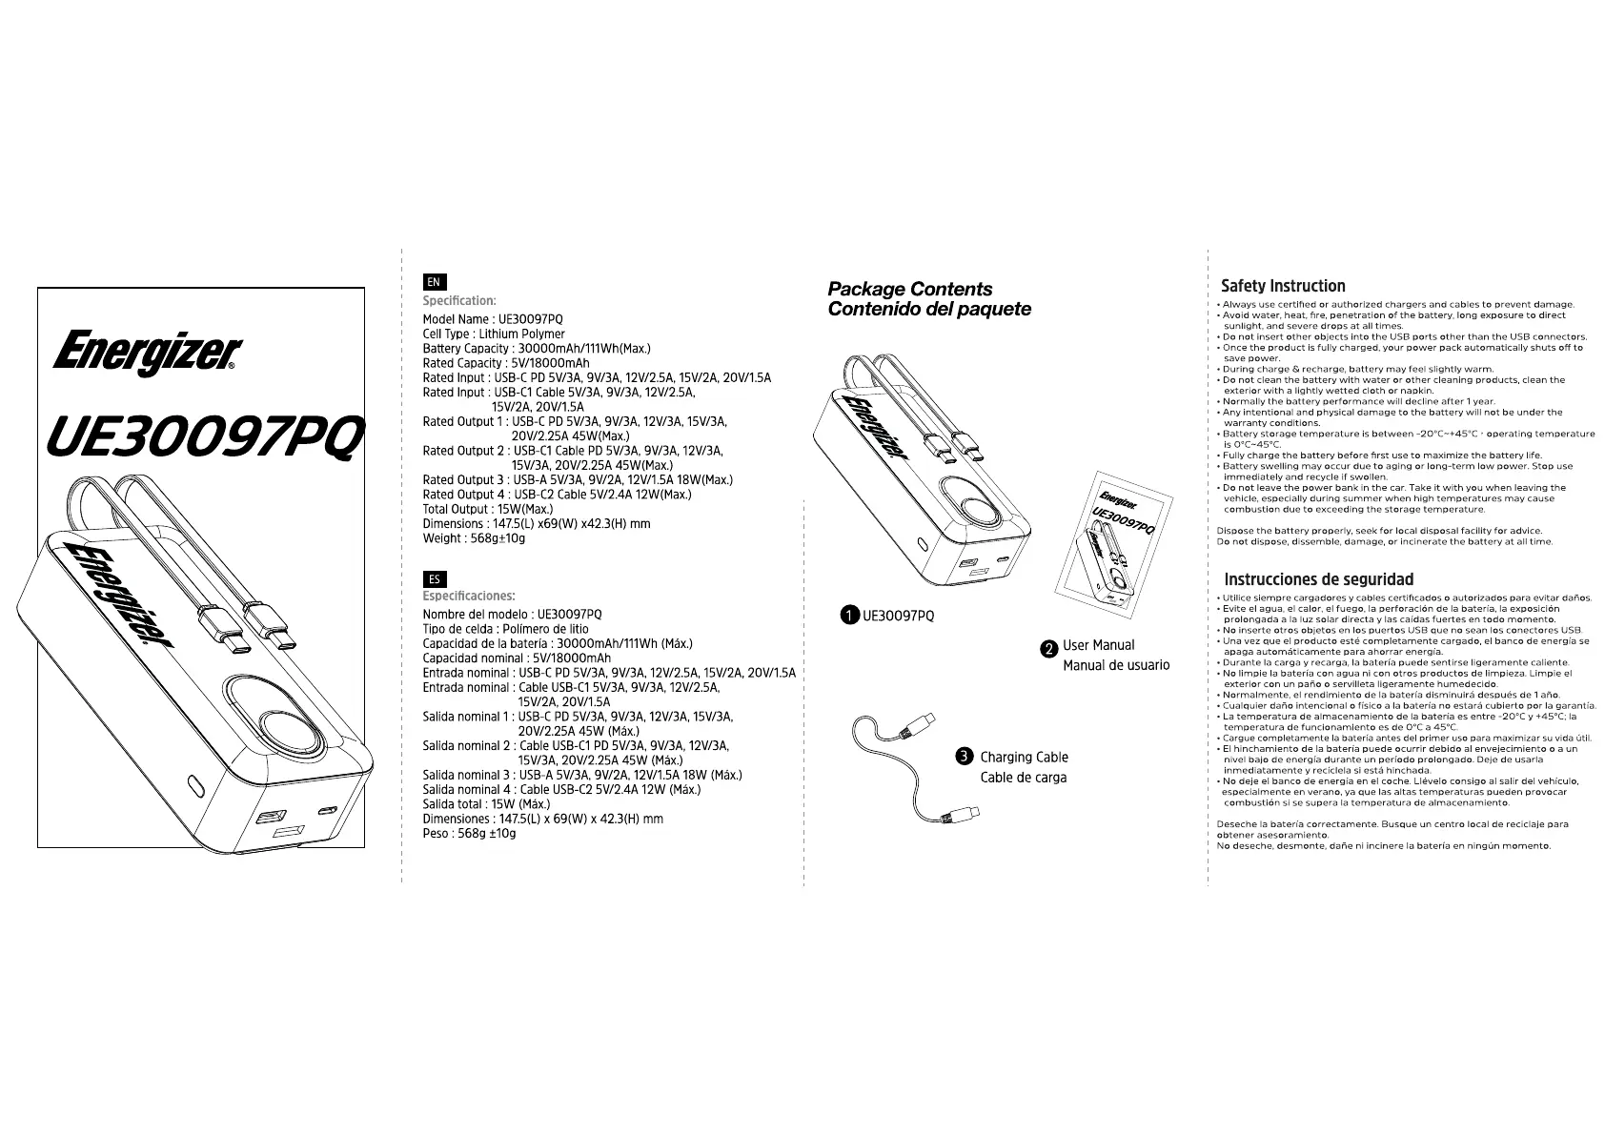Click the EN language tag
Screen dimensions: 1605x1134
click(x=434, y=282)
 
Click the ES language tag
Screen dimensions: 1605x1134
click(x=434, y=578)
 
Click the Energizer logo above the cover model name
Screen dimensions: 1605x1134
click(x=148, y=353)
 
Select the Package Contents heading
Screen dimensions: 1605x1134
click(x=909, y=289)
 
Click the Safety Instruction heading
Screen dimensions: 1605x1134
click(x=1283, y=286)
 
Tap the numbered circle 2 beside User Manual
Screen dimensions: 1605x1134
click(x=1048, y=648)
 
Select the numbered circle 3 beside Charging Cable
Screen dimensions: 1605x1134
click(x=964, y=757)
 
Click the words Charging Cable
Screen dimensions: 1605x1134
click(x=1024, y=758)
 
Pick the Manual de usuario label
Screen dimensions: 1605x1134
click(x=1116, y=665)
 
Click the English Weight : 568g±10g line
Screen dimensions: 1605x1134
click(x=474, y=538)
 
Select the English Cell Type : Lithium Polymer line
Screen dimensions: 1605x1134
click(x=494, y=334)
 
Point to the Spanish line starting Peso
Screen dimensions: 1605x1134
click(x=469, y=834)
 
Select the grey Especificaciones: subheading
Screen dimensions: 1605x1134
click(x=469, y=597)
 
